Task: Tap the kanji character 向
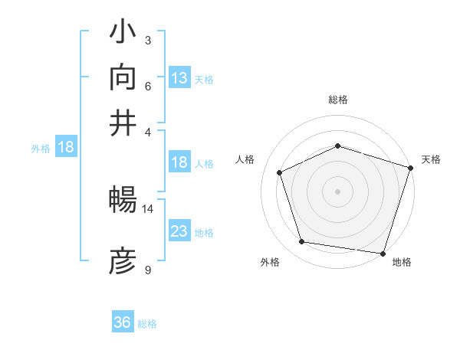point(123,77)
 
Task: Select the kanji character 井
point(123,122)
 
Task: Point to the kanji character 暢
point(123,201)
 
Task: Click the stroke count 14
point(148,208)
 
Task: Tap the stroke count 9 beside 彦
point(148,270)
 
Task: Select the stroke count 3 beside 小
point(148,40)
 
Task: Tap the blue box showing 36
point(122,322)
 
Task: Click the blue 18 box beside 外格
point(65,148)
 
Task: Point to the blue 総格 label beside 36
point(147,324)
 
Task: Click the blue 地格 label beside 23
point(204,232)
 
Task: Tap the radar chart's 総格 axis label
point(338,100)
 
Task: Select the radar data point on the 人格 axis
point(280,172)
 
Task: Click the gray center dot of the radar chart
point(338,191)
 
